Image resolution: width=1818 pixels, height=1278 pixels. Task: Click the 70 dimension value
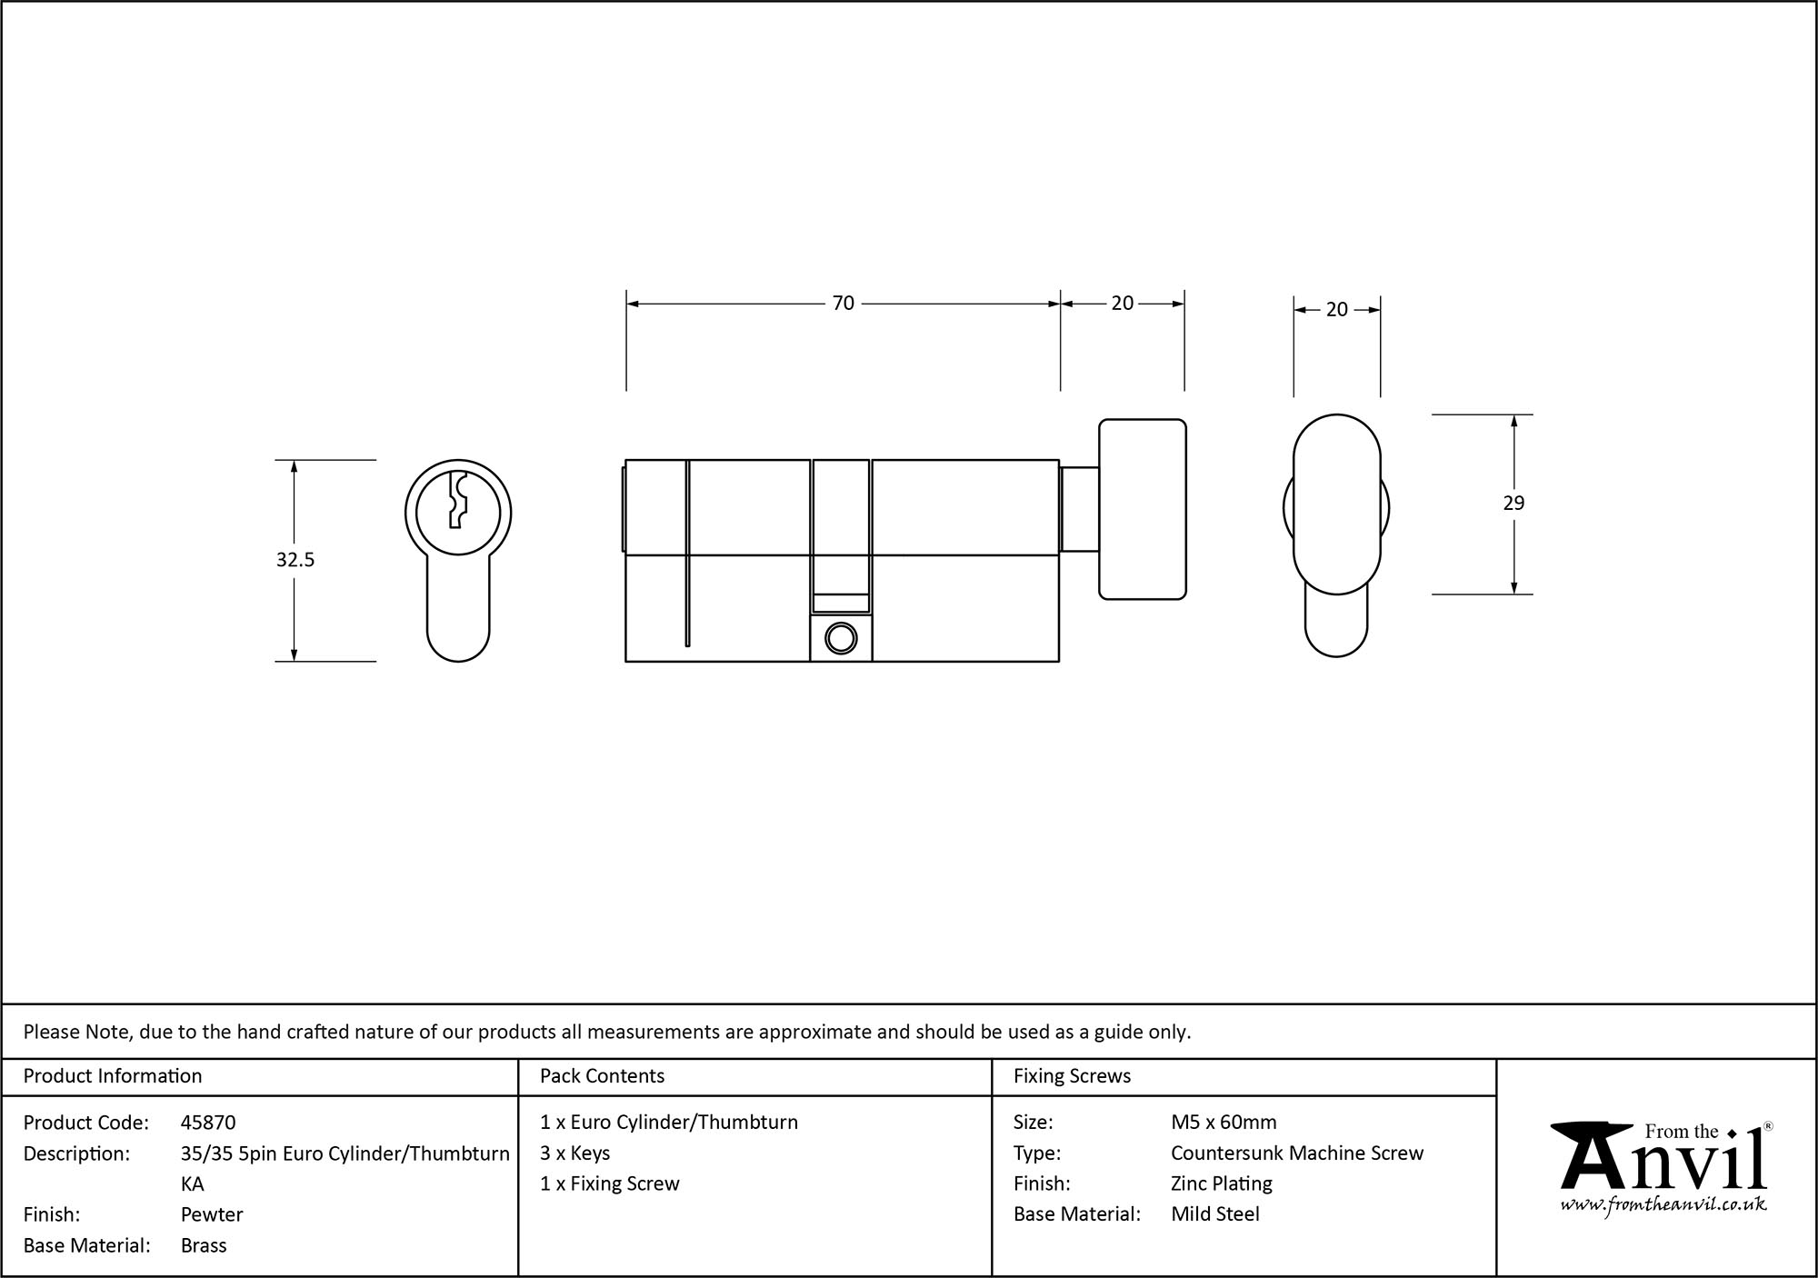843,304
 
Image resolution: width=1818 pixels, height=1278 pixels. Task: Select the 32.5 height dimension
295,560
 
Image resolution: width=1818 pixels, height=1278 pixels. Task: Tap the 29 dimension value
1513,504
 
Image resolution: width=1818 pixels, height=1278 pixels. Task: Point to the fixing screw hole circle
841,638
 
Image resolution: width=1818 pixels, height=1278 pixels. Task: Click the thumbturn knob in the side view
1142,509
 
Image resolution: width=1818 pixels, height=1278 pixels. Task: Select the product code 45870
208,1123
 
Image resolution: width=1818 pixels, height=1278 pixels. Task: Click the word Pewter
212,1214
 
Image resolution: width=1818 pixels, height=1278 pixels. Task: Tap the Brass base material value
204,1245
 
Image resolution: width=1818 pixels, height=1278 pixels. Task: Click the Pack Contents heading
602,1076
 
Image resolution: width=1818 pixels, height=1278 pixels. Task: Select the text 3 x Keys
574,1153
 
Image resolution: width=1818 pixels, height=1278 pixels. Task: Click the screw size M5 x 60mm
1224,1123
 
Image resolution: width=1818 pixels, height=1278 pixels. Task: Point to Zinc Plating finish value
1221,1183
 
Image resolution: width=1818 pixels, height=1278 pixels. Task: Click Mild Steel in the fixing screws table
1214,1214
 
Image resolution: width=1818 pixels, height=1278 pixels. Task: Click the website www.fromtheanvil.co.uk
1663,1204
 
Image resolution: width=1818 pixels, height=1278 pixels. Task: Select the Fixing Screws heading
1072,1076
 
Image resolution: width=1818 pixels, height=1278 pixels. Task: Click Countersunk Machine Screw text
1296,1153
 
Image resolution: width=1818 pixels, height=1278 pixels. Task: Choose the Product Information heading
113,1076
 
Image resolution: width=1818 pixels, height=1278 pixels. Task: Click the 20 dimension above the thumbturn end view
1336,310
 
